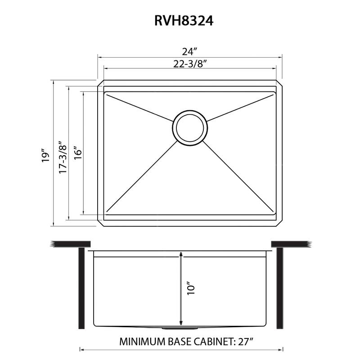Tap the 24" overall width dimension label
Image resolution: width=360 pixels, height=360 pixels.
(189, 51)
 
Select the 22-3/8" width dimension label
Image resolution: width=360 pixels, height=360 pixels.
(189, 63)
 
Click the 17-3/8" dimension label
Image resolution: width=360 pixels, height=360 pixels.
(63, 154)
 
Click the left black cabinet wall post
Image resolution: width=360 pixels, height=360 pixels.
(82, 288)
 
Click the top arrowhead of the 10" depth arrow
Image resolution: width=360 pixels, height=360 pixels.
(181, 255)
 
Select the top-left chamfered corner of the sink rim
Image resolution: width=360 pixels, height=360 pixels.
(101, 83)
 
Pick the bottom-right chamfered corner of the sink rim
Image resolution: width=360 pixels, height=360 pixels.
(279, 223)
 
